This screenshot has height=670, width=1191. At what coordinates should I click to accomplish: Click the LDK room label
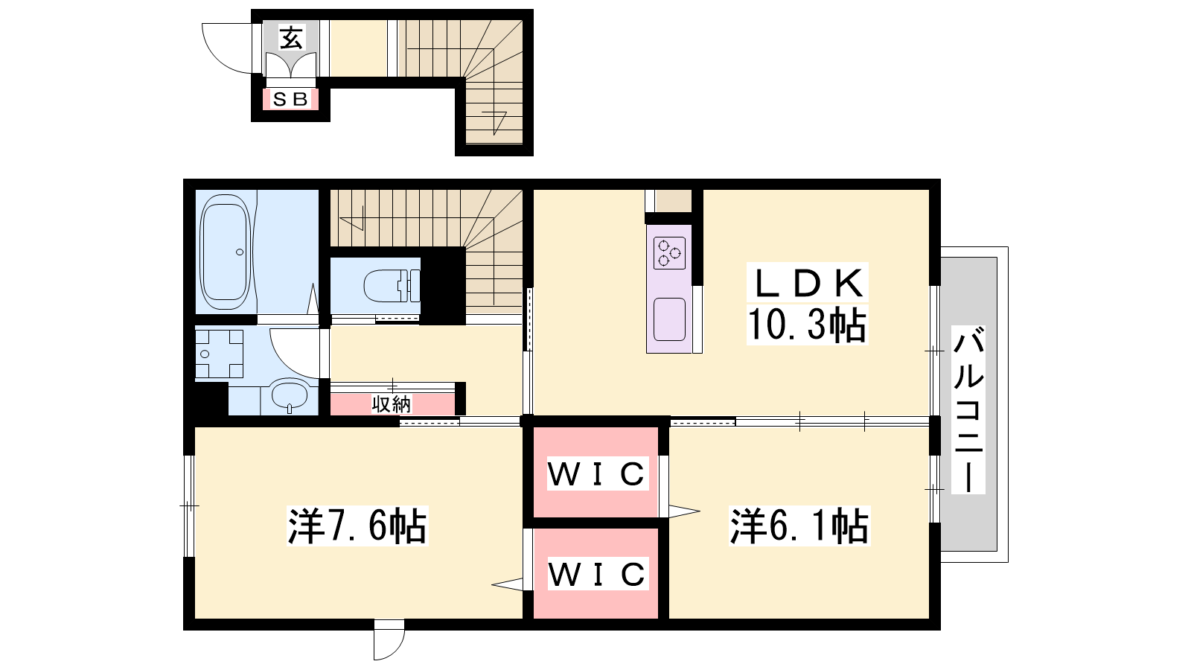pyautogui.click(x=808, y=282)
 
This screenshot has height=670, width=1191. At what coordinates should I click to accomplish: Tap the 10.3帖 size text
pyautogui.click(x=807, y=325)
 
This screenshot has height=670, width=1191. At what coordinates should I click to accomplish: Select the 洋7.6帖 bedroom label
pyautogui.click(x=357, y=526)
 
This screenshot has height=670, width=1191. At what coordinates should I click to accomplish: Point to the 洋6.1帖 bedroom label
pyautogui.click(x=799, y=526)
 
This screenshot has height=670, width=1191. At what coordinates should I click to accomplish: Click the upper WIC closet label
pyautogui.click(x=597, y=473)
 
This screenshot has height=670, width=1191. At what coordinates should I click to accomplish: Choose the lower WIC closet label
pyautogui.click(x=597, y=574)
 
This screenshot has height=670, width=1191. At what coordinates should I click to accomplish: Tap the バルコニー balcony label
pyautogui.click(x=968, y=409)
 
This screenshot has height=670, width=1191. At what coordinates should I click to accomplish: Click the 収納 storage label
pyautogui.click(x=392, y=405)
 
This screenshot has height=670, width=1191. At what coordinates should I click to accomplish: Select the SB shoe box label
pyautogui.click(x=290, y=99)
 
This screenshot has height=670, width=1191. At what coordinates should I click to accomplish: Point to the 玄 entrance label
pyautogui.click(x=291, y=37)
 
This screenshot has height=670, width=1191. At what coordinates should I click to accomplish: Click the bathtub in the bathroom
pyautogui.click(x=225, y=252)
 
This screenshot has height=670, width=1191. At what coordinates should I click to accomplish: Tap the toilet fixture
pyautogui.click(x=392, y=286)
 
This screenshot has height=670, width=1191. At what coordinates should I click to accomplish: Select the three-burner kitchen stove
pyautogui.click(x=669, y=253)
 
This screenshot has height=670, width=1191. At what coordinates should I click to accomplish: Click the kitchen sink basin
pyautogui.click(x=669, y=319)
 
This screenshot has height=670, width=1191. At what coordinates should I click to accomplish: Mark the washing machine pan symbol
pyautogui.click(x=219, y=354)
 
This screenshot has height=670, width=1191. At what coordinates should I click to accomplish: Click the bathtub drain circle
pyautogui.click(x=240, y=252)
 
